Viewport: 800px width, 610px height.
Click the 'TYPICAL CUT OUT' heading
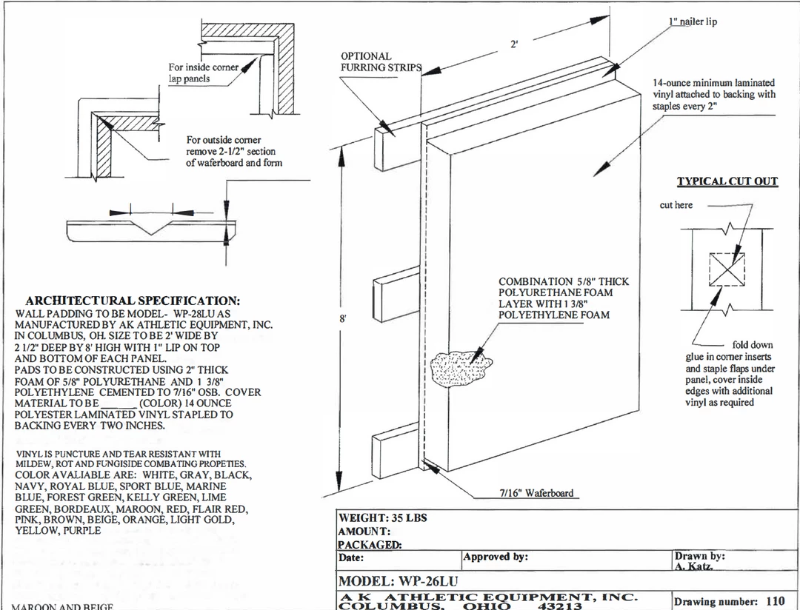point(727,181)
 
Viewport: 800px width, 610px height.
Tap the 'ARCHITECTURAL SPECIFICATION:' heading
point(133,301)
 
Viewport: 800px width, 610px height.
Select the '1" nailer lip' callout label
point(693,21)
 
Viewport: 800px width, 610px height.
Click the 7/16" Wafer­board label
point(535,493)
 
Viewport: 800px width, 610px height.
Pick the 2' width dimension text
point(514,44)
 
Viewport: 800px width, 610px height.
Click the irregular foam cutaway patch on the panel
point(459,366)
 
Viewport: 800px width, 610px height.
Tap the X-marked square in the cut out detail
point(727,269)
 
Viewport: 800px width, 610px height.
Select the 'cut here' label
point(676,205)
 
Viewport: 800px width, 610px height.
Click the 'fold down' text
point(752,345)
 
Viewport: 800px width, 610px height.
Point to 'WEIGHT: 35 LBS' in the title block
point(382,517)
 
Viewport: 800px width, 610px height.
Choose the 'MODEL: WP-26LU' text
point(398,581)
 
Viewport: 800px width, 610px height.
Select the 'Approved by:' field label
point(496,557)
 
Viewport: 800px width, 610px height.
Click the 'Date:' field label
point(351,557)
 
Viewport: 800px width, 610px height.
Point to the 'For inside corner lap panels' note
point(204,73)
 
